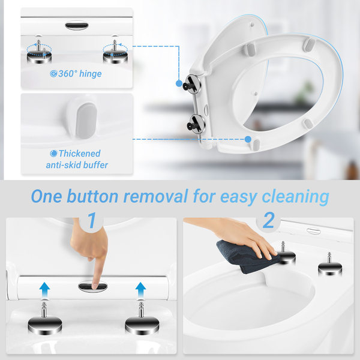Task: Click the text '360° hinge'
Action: pyautogui.click(x=80, y=74)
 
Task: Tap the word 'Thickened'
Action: pyautogui.click(x=79, y=154)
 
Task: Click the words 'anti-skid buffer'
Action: pyautogui.click(x=77, y=165)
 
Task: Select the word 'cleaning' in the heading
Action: pyautogui.click(x=295, y=197)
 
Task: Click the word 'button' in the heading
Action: pyautogui.click(x=92, y=196)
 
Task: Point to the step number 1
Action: pyautogui.click(x=92, y=220)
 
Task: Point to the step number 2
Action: pyautogui.click(x=268, y=220)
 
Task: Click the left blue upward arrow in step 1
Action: pyautogui.click(x=44, y=290)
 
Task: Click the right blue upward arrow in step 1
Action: pyautogui.click(x=140, y=290)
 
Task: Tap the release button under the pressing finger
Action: pyautogui.click(x=93, y=286)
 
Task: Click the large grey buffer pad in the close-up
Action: pyautogui.click(x=86, y=121)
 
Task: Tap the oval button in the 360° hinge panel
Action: pyautogui.click(x=77, y=25)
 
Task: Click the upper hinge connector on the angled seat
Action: pyautogui.click(x=192, y=84)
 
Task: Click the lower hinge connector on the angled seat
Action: pyautogui.click(x=196, y=124)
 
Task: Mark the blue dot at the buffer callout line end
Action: pyautogui.click(x=248, y=139)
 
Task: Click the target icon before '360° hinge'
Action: pyautogui.click(x=53, y=74)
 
